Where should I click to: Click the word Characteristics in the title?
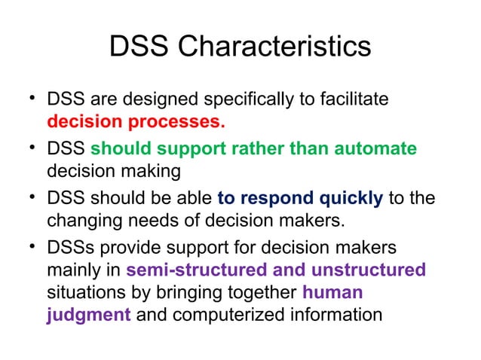coord(274,47)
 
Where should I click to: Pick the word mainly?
coord(73,270)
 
